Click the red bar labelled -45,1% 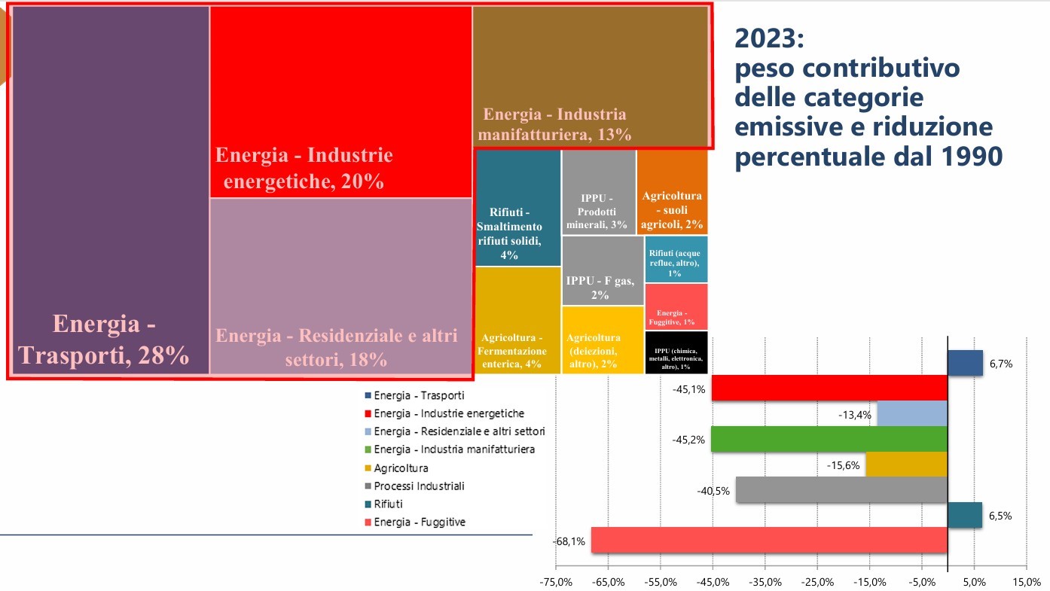point(829,388)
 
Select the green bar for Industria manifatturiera point(829,439)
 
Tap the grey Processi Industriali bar point(841,490)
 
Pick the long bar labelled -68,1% point(769,541)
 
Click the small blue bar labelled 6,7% point(965,363)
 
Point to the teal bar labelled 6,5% point(964,515)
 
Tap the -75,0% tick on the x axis point(556,582)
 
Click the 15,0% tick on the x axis point(1026,582)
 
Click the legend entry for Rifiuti point(388,504)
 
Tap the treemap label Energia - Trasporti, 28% point(105,340)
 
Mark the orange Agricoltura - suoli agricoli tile point(672,192)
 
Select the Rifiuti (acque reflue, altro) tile point(676,259)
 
